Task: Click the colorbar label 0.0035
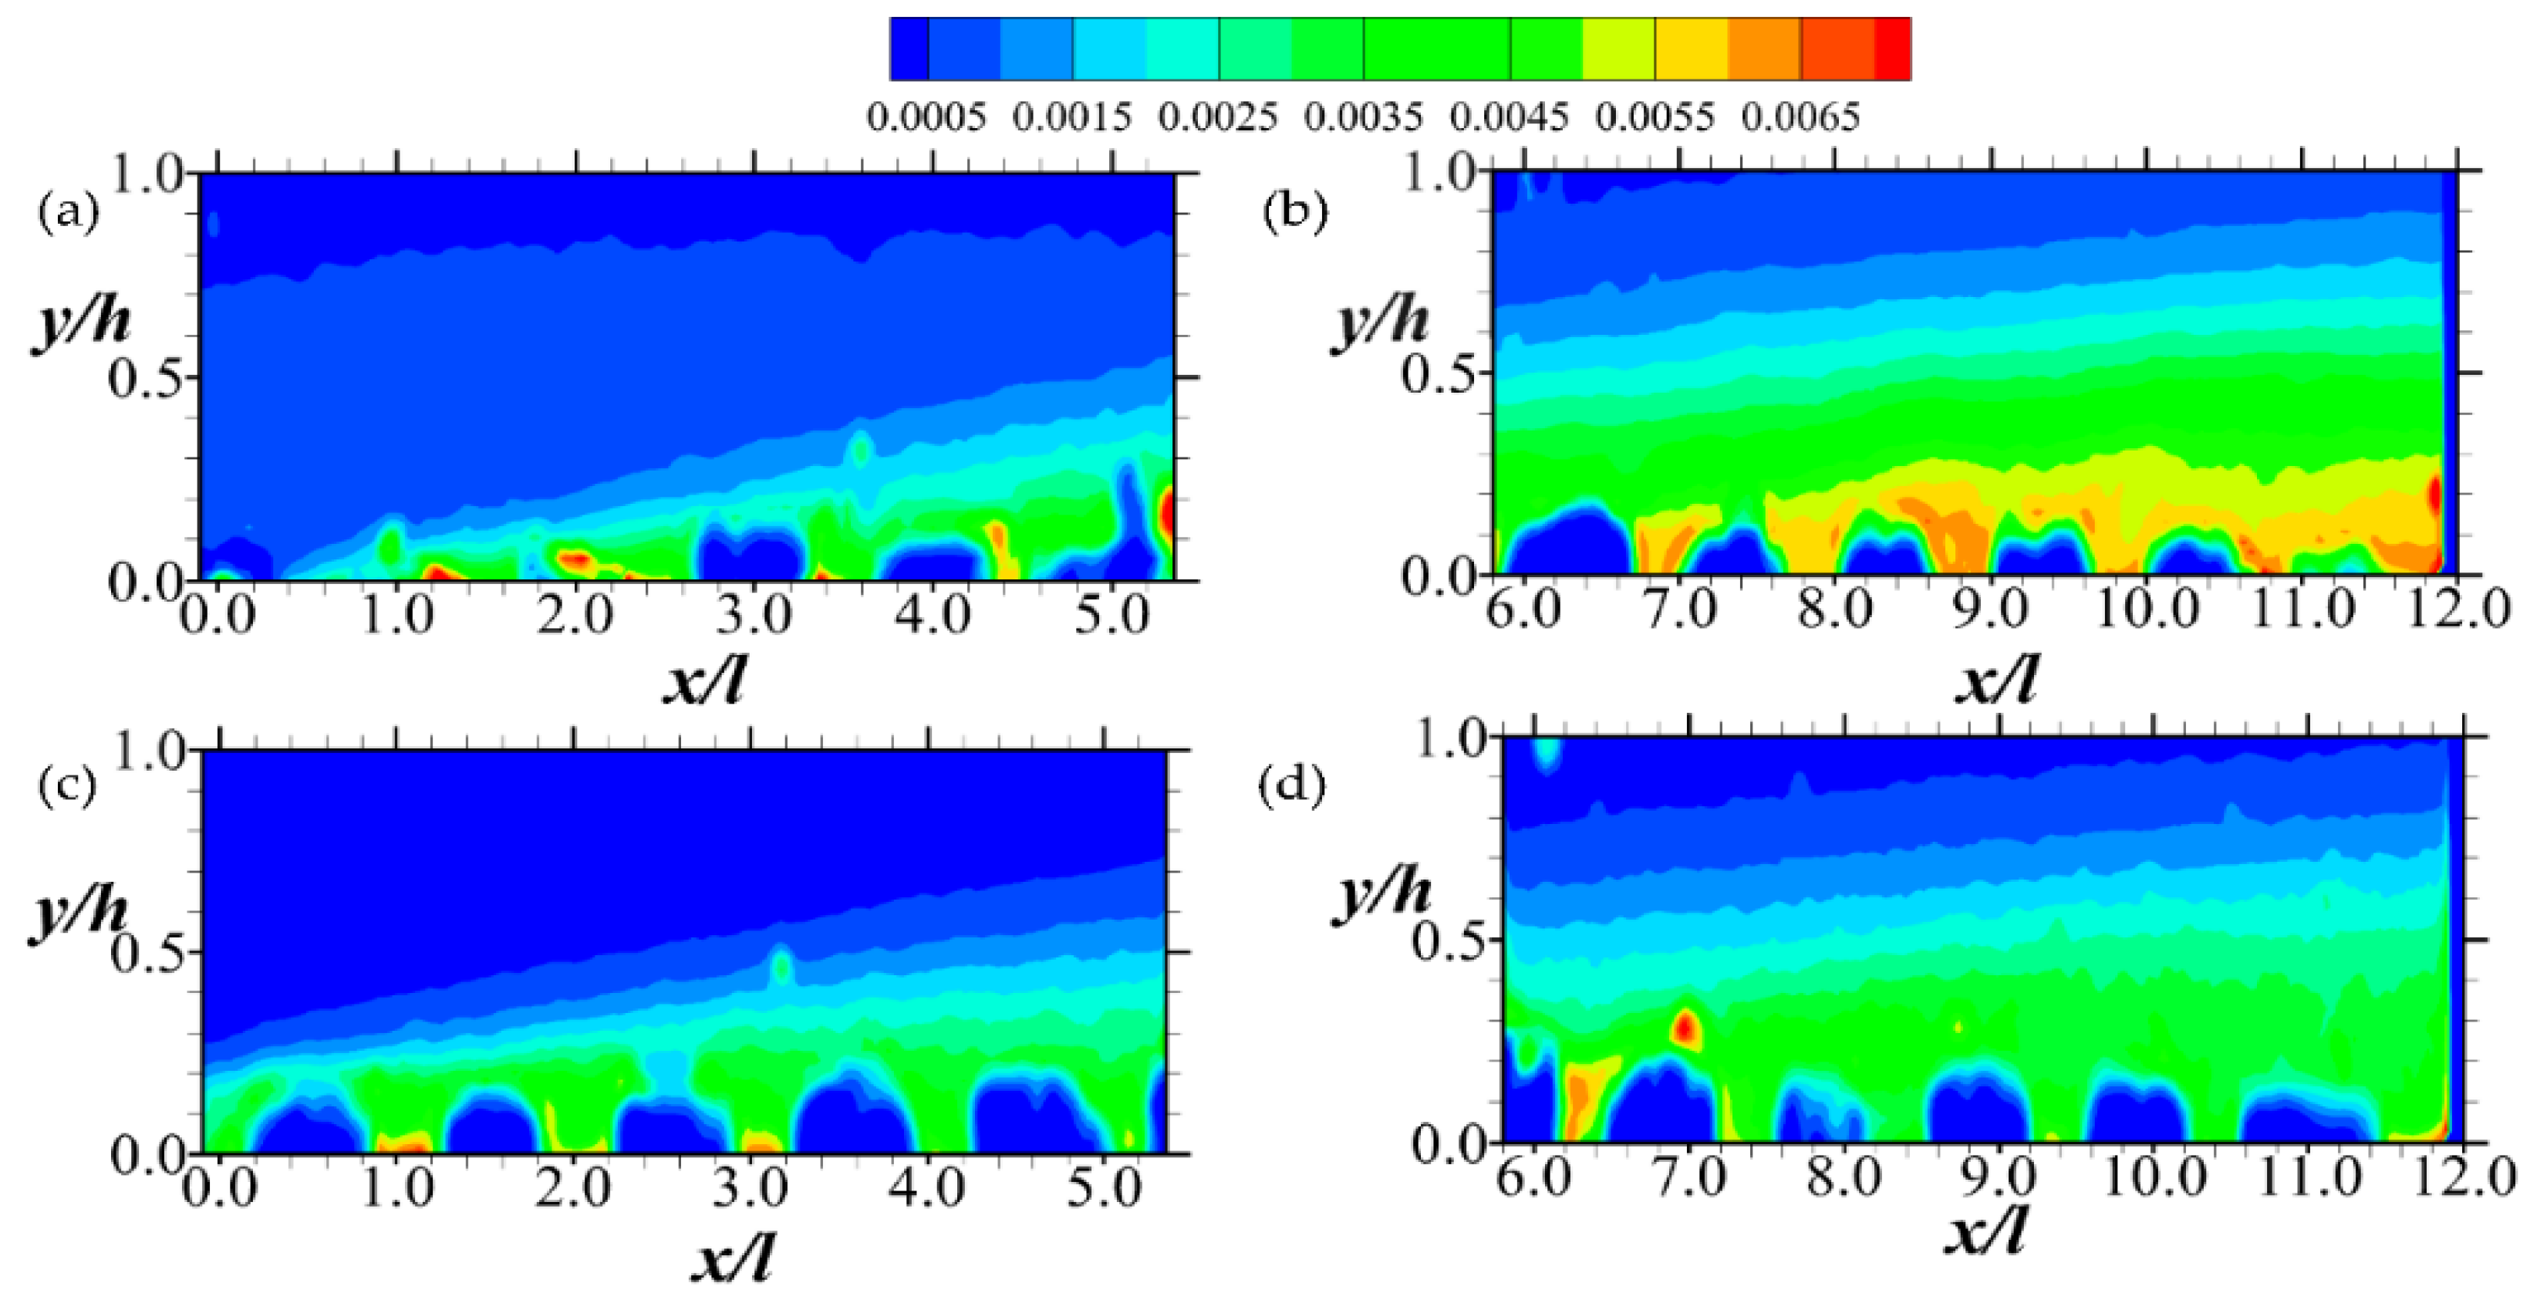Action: click(1362, 118)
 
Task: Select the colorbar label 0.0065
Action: click(1800, 118)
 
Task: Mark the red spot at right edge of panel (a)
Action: click(1167, 512)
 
